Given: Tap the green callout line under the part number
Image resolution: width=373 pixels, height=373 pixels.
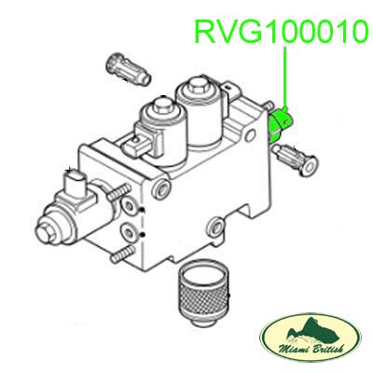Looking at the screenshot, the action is (286, 76).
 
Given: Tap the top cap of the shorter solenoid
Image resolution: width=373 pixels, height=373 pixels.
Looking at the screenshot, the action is (162, 105).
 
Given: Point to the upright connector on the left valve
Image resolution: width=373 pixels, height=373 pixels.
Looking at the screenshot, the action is (75, 184).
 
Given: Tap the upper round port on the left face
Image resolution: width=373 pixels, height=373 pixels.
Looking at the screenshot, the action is (129, 205).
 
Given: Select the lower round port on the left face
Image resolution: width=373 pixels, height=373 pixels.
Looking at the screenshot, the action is (129, 232).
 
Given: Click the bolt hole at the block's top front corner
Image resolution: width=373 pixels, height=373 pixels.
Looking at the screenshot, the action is (162, 187).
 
